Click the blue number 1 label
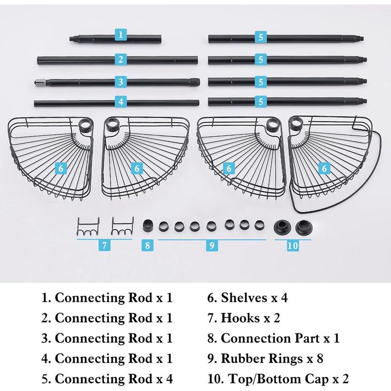(120, 35)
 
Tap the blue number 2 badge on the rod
(120, 59)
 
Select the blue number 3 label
(120, 82)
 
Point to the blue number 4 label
(120, 102)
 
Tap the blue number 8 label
(147, 245)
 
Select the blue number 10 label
(293, 245)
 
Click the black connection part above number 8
(148, 226)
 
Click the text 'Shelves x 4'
(247, 298)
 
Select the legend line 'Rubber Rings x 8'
(265, 358)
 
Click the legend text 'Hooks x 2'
(244, 318)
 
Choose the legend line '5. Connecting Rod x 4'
(107, 378)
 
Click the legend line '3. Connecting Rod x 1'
(107, 338)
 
